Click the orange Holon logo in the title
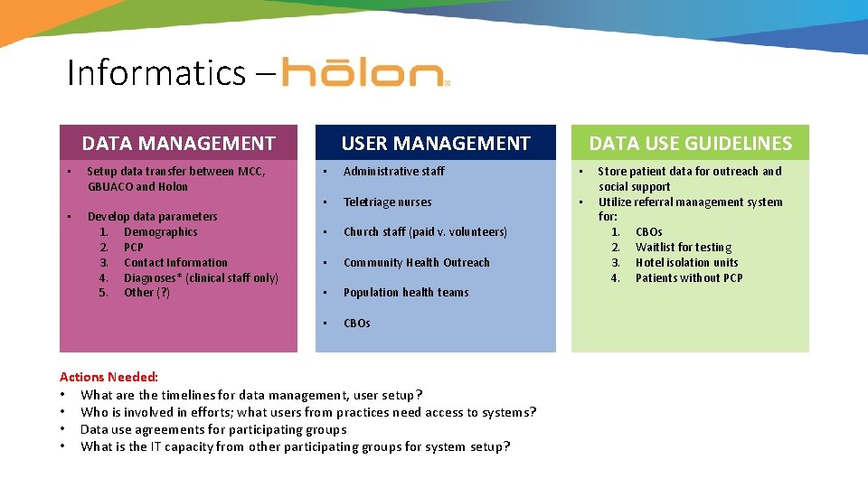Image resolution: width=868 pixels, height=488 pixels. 363,72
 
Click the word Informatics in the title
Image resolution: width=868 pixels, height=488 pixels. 155,72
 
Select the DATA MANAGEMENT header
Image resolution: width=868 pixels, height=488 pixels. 178,143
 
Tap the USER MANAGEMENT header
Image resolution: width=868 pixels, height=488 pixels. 435,143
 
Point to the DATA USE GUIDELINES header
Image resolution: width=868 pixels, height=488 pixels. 690,143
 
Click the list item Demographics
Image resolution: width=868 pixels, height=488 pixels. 160,232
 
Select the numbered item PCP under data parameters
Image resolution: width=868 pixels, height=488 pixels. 133,248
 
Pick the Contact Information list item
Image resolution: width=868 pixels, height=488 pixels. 175,263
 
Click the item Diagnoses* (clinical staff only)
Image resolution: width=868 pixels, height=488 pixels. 201,278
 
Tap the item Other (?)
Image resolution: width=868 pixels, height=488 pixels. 146,293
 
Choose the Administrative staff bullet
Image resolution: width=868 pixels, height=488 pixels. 393,172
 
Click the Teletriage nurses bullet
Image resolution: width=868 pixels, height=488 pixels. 387,202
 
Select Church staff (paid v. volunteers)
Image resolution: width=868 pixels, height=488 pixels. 425,232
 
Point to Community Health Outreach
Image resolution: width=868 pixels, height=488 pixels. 416,263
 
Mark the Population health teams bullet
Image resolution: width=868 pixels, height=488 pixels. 406,293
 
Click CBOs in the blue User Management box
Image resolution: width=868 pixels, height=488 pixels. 356,324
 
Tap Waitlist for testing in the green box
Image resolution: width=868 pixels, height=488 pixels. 683,248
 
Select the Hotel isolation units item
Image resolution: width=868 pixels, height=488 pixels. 686,263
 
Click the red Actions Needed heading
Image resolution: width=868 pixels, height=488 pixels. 108,377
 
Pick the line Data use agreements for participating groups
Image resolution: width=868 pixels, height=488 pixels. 213,429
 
